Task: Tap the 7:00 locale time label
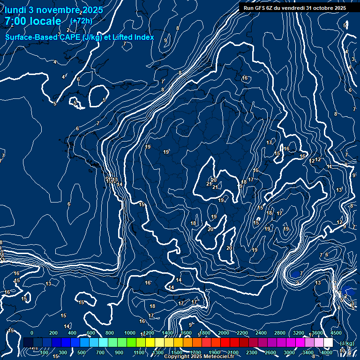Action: [x=33, y=21]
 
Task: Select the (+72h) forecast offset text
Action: [x=81, y=21]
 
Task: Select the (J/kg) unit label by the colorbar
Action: [x=347, y=344]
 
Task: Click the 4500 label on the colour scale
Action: [x=336, y=332]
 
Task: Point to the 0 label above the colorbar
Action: [x=32, y=332]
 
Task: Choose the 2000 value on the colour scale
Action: [x=224, y=332]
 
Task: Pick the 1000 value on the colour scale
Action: [x=130, y=332]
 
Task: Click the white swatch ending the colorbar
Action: [x=328, y=343]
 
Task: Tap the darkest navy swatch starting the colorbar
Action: [x=28, y=343]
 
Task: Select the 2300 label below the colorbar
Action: [x=252, y=352]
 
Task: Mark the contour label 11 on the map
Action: [x=330, y=166]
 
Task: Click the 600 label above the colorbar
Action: [x=91, y=332]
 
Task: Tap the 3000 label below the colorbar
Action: [x=290, y=352]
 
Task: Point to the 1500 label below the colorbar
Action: [x=177, y=352]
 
